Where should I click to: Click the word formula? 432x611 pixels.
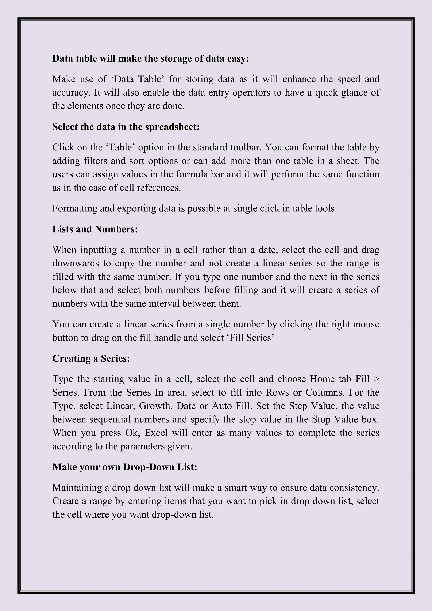point(192,174)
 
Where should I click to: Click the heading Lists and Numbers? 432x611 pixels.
point(95,229)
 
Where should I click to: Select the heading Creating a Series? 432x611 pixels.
point(91,358)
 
